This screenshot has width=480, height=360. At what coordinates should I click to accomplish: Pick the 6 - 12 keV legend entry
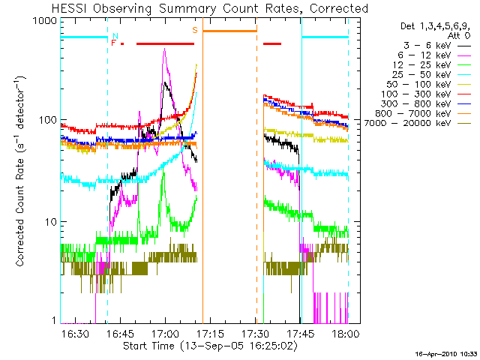[x=431, y=56]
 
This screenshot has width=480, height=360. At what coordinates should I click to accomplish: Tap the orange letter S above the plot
[x=195, y=30]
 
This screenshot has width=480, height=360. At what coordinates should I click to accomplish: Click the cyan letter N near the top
[x=115, y=35]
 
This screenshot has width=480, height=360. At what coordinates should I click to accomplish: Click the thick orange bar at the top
[x=229, y=31]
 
